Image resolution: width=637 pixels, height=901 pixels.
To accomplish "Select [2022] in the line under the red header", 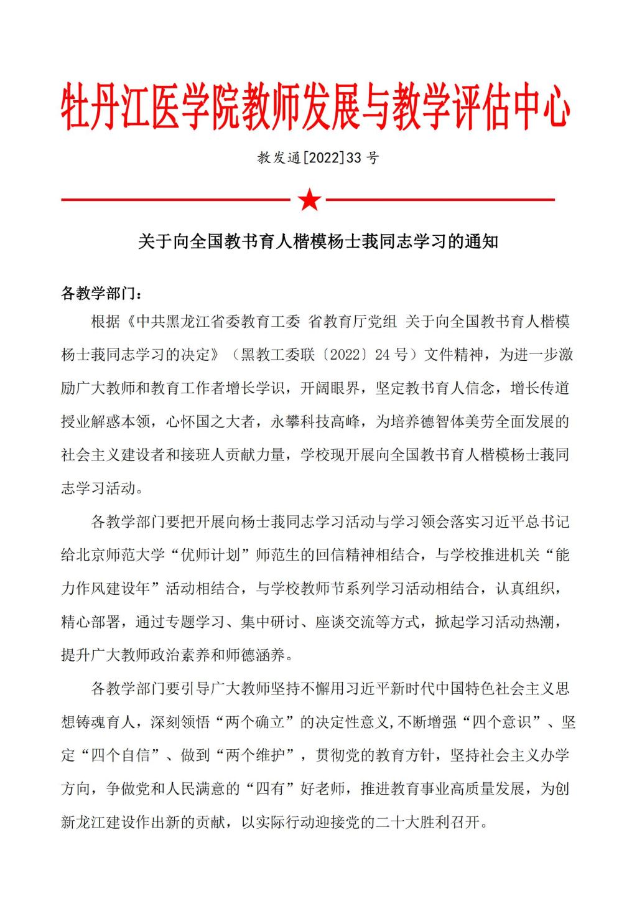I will point(323,158).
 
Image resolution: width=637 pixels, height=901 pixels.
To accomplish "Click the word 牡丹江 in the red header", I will point(106,106).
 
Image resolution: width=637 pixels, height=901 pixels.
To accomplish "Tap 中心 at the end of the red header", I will point(542,106).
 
